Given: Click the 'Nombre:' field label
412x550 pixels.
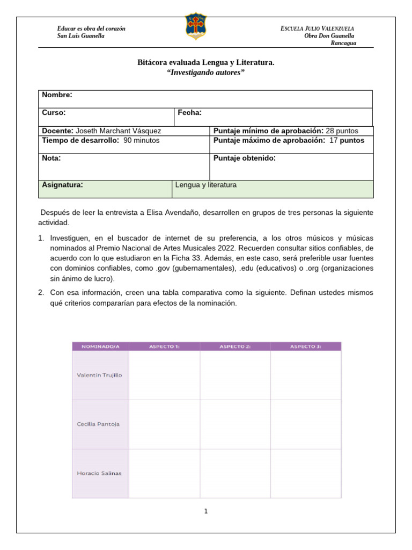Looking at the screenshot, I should point(57,95).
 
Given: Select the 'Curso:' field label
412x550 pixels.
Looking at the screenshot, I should point(54,113).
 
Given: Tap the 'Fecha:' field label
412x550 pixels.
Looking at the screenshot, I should point(189,113).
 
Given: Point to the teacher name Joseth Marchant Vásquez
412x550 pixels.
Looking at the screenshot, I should point(118,131).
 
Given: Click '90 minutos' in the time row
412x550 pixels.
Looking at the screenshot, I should point(141,141).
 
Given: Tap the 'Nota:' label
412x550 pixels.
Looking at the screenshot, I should point(51,158).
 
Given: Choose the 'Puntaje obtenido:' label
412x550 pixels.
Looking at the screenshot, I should point(245,158).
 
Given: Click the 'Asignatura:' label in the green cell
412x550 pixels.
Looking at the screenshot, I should point(62,185).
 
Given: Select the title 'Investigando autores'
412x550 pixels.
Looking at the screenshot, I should point(206,73).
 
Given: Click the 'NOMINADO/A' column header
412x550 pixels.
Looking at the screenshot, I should point(100,346).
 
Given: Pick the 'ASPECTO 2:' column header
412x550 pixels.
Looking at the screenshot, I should point(235,346).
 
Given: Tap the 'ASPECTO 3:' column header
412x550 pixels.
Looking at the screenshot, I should point(306,346).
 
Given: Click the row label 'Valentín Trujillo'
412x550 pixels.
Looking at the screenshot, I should point(100,375).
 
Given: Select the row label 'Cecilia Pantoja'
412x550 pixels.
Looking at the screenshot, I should point(99,424).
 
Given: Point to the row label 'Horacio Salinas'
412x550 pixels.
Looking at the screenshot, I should point(99,473).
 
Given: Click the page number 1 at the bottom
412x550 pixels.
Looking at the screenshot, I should point(205,511).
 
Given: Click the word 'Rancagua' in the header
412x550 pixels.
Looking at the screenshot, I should point(342,43).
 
